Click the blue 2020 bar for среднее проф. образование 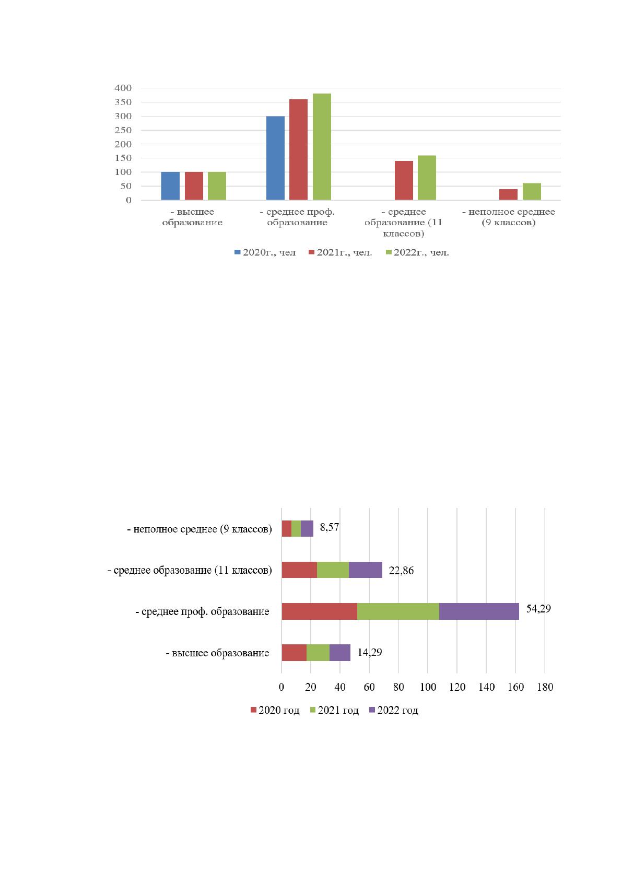275,158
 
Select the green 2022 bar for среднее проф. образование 322,146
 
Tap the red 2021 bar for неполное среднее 508,194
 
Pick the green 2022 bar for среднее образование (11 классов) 427,178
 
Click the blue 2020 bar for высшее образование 170,186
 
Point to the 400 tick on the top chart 123,88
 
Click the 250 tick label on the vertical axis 123,130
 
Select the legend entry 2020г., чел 265,252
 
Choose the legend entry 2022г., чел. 417,252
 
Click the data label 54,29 538,609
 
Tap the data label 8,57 330,527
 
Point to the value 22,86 401,571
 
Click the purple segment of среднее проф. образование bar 479,611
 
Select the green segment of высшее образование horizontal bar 318,653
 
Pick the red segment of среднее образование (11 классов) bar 299,570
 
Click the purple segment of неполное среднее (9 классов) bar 307,528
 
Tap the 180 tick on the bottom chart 545,687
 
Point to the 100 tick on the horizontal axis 428,687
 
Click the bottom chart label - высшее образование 218,653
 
